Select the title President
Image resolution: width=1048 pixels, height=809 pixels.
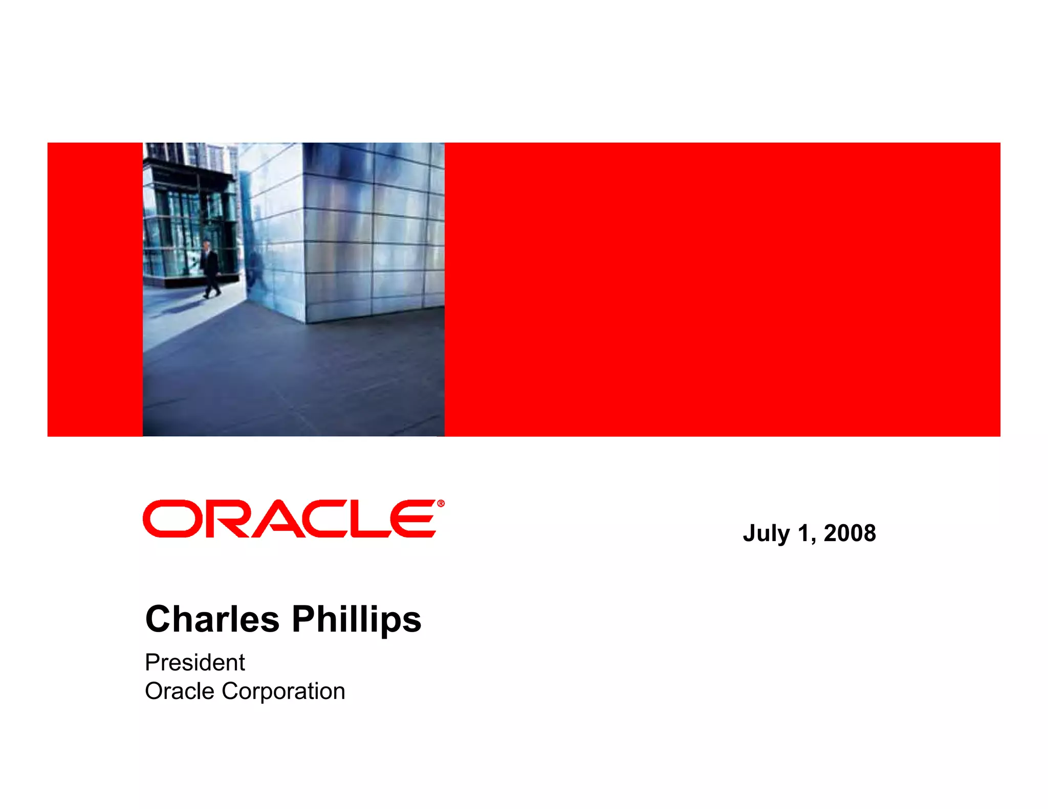tap(195, 663)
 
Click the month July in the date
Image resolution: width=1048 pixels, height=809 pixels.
tap(766, 534)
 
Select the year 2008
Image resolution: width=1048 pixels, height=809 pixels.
tap(850, 533)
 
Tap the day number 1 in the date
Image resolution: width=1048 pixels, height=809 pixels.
tap(804, 533)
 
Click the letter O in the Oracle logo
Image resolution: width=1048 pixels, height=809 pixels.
tap(171, 519)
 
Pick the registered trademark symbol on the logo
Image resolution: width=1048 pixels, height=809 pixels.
tap(441, 504)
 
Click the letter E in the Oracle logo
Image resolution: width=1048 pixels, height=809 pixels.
tap(414, 519)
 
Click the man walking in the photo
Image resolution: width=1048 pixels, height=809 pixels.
tap(210, 268)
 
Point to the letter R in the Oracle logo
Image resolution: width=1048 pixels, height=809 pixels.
tap(227, 519)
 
